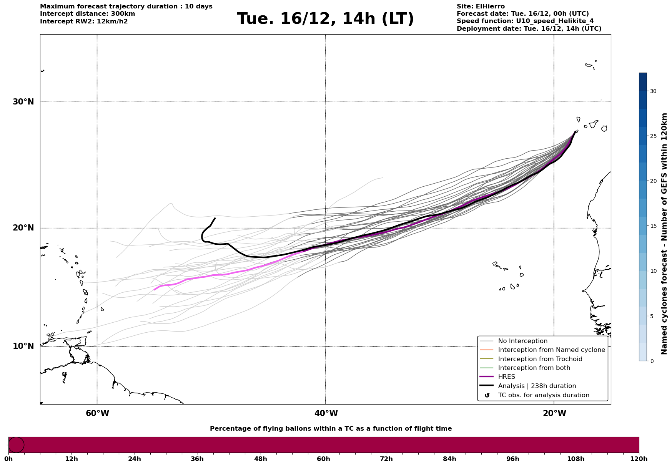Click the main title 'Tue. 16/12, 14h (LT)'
coord(325,19)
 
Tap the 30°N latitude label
coord(23,102)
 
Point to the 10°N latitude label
coord(23,346)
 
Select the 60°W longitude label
coord(97,413)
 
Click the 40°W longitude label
coord(326,413)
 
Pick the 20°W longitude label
coord(554,413)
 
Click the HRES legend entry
coord(506,377)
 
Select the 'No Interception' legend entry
coord(522,341)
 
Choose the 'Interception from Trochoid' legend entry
coord(540,359)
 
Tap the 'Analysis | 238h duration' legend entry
coord(537,386)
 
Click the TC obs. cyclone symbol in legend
coord(487,395)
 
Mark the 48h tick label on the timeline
coord(260,459)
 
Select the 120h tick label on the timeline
coord(639,459)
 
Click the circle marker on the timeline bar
coord(16,445)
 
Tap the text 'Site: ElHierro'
coord(481,7)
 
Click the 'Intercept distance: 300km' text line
coord(87,14)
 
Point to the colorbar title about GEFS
coord(664,234)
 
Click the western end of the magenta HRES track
coord(154,290)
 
